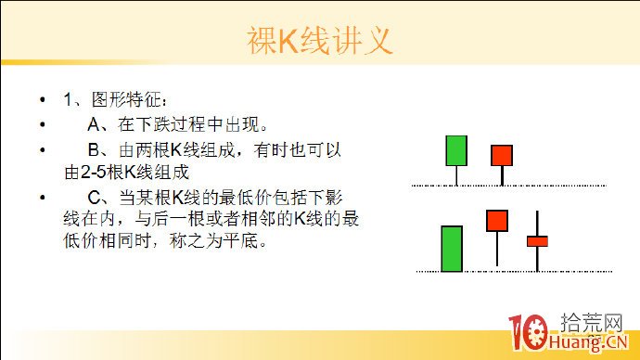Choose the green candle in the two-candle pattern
[x=455, y=150]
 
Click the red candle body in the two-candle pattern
[x=502, y=155]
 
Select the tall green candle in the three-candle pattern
[x=452, y=248]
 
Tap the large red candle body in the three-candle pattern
[x=497, y=220]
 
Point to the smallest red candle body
[x=538, y=241]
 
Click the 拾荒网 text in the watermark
[x=591, y=322]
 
